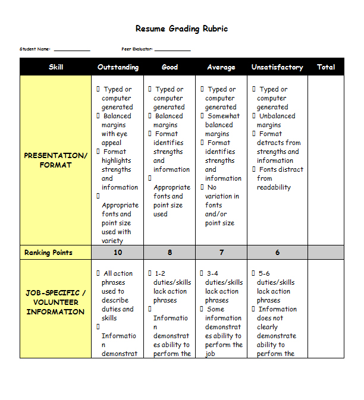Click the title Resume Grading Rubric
(181, 29)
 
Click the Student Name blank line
(72, 50)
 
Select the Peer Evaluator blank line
(172, 50)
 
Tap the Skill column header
(56, 67)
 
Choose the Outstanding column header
(118, 67)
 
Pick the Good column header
(170, 67)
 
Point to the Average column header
(221, 67)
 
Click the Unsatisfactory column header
(277, 67)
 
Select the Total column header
(326, 67)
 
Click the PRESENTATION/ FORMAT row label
(56, 160)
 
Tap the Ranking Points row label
(48, 253)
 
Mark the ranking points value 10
(118, 253)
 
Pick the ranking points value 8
(170, 253)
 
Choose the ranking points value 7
(221, 253)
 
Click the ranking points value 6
(277, 253)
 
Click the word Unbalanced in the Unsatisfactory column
(277, 116)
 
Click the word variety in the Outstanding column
(112, 241)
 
